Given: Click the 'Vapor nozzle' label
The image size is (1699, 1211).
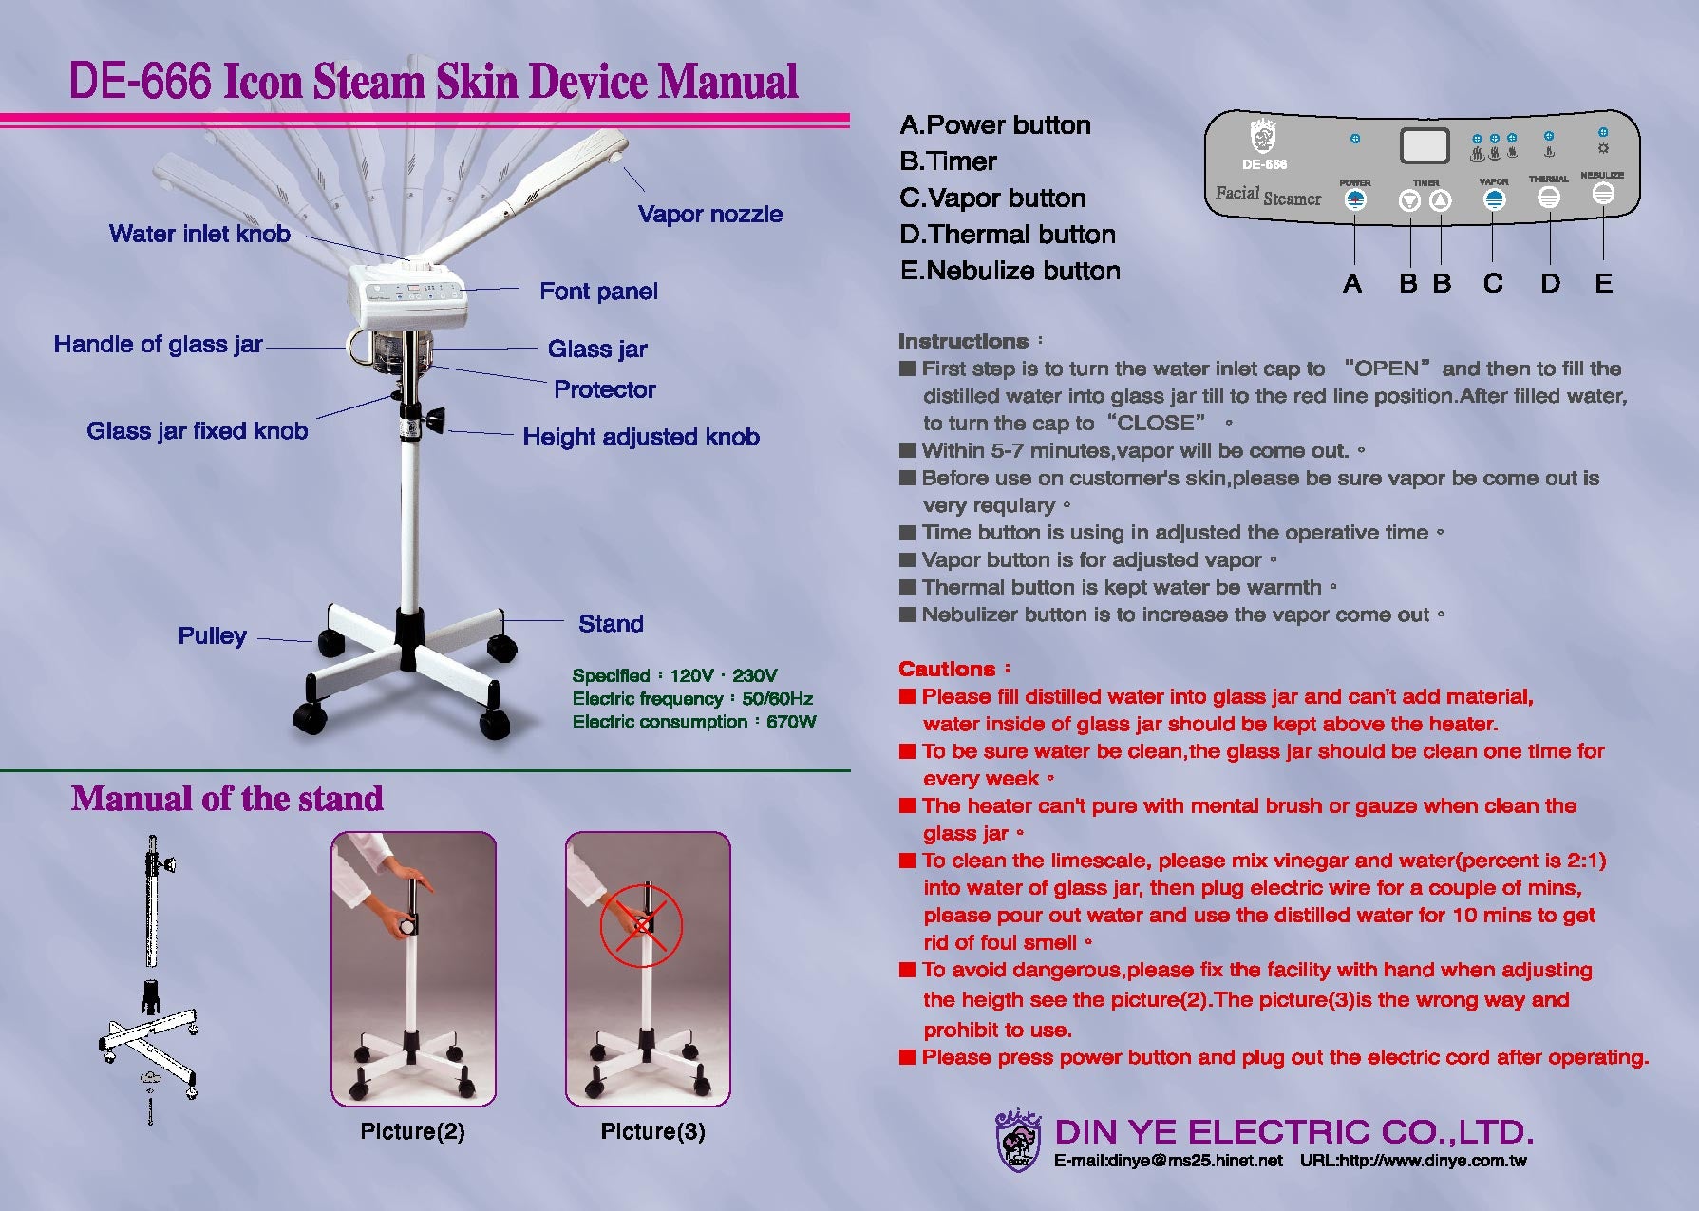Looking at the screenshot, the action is [x=710, y=215].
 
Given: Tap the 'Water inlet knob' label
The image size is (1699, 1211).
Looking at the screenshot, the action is [x=199, y=234].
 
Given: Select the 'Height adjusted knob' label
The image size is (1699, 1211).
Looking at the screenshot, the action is [x=641, y=437].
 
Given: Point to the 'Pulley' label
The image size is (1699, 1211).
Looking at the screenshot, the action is [x=213, y=635].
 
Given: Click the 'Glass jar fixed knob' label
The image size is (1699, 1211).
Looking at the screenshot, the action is [x=198, y=431].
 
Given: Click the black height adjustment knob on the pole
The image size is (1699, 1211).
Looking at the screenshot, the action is [x=435, y=419].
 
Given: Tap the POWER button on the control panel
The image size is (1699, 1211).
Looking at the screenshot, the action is [x=1355, y=199].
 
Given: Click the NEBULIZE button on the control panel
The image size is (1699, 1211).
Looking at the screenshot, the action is [x=1603, y=193].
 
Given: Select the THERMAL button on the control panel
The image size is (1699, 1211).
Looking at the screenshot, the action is [x=1549, y=197].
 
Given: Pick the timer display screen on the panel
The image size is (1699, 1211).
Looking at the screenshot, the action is [x=1425, y=146].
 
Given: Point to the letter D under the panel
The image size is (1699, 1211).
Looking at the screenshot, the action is [x=1550, y=283].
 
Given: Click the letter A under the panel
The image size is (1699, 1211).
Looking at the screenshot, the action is [x=1352, y=283].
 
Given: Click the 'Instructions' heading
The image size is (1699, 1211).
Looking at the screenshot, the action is [x=963, y=341].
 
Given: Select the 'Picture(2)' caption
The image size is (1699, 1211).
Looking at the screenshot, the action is [x=412, y=1131].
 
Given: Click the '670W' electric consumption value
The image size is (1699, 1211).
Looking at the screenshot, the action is [x=791, y=722].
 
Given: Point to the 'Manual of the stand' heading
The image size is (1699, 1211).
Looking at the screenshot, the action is [x=227, y=799].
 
